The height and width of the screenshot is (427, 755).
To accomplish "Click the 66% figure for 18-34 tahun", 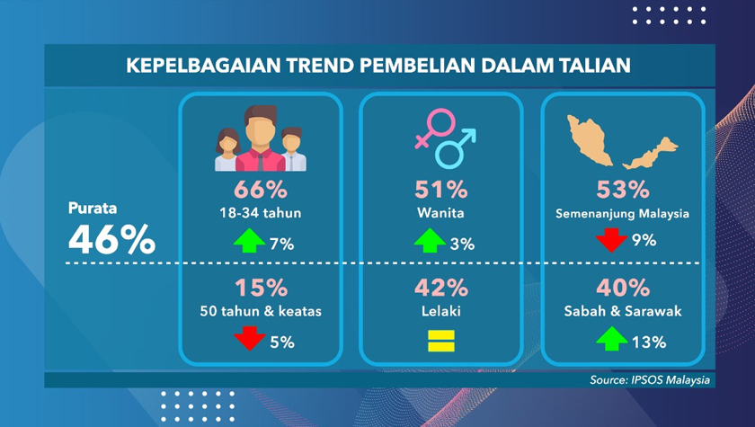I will (261, 191).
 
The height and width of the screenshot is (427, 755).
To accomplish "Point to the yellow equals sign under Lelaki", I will (440, 341).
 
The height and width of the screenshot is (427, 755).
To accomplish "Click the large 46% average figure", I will (111, 240).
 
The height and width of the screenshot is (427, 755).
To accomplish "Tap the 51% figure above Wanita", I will (440, 191).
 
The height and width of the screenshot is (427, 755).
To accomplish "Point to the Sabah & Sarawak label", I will (623, 311).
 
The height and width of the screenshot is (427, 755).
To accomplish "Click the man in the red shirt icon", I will (261, 139).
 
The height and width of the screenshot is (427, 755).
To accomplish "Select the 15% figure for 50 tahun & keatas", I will (261, 289).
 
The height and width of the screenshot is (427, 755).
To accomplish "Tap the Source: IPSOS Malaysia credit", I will (650, 380).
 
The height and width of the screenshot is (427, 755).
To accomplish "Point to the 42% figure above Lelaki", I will (440, 289).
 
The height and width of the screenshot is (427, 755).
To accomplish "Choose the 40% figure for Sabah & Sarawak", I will (623, 289).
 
